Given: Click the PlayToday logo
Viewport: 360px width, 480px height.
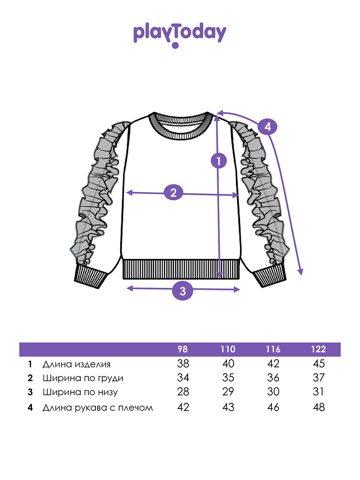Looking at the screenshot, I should (x=180, y=34).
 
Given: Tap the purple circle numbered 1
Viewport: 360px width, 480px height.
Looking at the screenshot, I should (x=218, y=161).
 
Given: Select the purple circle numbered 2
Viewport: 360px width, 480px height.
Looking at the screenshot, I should (x=173, y=193).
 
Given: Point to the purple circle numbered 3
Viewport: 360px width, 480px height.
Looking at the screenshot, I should (x=182, y=291).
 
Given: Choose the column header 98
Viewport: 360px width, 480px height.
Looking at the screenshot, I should (x=182, y=349).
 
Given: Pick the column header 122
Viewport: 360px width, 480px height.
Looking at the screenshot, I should (x=319, y=349).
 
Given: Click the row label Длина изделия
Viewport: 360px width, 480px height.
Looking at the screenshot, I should (x=76, y=364).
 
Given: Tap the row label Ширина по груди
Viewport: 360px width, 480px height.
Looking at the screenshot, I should (x=83, y=378).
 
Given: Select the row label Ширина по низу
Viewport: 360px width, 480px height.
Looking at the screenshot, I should (x=80, y=392).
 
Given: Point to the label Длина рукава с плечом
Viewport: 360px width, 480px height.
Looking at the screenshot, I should (x=98, y=408).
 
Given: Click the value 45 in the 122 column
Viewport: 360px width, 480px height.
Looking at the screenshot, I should (x=319, y=364).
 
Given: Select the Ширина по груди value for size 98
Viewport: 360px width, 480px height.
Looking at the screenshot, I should (x=182, y=378).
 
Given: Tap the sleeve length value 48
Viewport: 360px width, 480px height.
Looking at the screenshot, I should (x=319, y=408).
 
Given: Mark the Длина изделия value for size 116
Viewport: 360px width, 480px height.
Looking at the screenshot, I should (x=273, y=364).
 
